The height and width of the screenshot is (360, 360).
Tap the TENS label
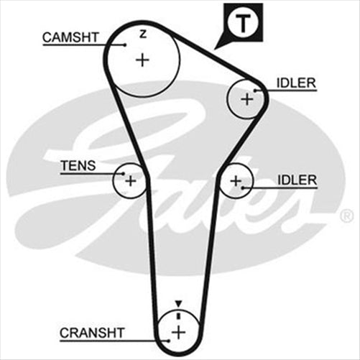pyautogui.click(x=77, y=165)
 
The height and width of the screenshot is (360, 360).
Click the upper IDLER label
pyautogui.click(x=296, y=83)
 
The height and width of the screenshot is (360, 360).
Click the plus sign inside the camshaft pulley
pyautogui.click(x=143, y=60)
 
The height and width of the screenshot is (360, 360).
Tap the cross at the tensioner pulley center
pyautogui.click(x=130, y=181)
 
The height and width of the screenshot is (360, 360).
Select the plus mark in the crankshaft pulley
pyautogui.click(x=178, y=331)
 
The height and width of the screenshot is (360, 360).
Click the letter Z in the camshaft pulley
pyautogui.click(x=142, y=34)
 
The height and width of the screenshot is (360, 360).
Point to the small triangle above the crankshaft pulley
pyautogui.click(x=178, y=304)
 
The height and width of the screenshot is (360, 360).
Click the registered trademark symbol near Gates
pyautogui.click(x=347, y=215)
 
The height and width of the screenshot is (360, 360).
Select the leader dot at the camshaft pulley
pyautogui.click(x=124, y=45)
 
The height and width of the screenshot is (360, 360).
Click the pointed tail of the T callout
pyautogui.click(x=219, y=47)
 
